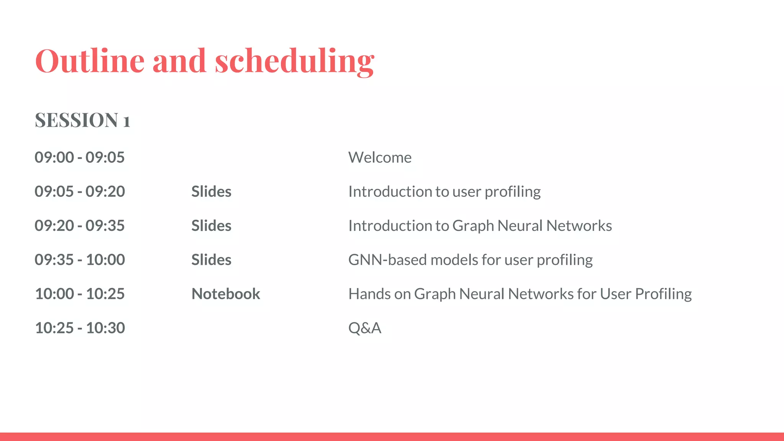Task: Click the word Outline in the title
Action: click(x=90, y=61)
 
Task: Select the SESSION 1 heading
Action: click(x=82, y=120)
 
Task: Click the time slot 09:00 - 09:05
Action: click(x=80, y=157)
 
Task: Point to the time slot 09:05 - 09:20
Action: click(x=80, y=191)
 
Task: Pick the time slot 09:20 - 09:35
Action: click(x=80, y=225)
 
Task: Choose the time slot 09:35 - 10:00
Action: click(x=80, y=260)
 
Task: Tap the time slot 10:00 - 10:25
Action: click(x=80, y=294)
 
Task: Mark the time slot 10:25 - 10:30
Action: click(x=80, y=328)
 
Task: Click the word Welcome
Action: click(x=380, y=157)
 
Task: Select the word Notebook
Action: click(x=225, y=294)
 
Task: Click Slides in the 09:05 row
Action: click(x=211, y=191)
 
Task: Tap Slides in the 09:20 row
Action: click(x=211, y=225)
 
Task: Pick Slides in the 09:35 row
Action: click(x=211, y=260)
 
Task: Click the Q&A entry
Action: click(x=364, y=328)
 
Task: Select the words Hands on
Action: click(x=379, y=294)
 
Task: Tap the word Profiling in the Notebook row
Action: click(x=663, y=294)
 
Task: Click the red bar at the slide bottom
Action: click(x=392, y=436)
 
